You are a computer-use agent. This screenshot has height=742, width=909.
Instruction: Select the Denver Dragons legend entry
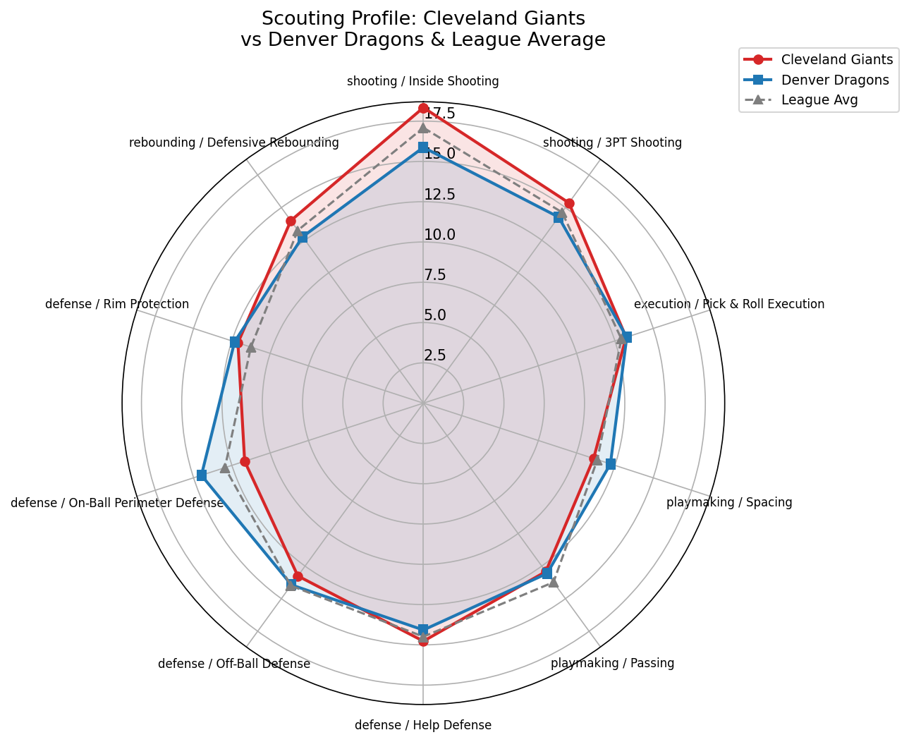point(835,80)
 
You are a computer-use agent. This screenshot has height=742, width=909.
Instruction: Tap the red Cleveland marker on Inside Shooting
point(423,108)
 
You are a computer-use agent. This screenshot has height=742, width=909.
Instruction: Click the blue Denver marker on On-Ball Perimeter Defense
point(201,475)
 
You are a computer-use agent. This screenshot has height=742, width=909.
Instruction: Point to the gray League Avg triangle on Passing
point(554,582)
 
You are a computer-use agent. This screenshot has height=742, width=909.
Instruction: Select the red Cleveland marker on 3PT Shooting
point(569,203)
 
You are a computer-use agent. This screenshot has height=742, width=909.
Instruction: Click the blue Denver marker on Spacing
point(611,464)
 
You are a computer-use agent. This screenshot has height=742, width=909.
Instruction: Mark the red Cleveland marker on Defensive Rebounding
point(291,221)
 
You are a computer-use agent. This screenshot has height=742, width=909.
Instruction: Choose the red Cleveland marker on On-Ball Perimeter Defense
point(245,461)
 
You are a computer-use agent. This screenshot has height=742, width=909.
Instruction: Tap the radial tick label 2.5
point(435,355)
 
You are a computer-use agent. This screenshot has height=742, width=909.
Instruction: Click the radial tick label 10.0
point(439,235)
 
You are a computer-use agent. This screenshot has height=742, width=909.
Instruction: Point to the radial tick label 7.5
point(435,275)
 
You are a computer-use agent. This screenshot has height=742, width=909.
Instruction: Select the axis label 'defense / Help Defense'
point(423,725)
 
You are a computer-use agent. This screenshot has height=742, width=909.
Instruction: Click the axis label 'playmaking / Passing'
point(612,663)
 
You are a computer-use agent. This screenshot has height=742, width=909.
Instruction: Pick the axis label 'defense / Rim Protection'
point(117,304)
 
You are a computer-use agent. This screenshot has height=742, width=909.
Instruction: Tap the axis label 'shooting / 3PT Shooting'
point(612,142)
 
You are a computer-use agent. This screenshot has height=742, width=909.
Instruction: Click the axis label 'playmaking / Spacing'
point(729,503)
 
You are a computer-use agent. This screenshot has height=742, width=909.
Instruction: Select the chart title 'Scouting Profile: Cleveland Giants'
point(423,18)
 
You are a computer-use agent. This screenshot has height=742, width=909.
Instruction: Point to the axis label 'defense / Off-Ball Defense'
point(234,664)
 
